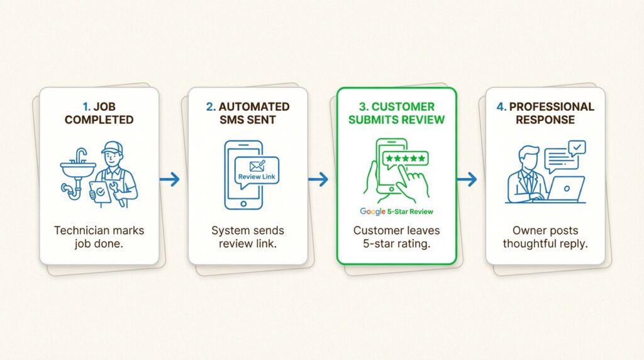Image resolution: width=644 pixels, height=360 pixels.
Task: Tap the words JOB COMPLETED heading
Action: (x=99, y=113)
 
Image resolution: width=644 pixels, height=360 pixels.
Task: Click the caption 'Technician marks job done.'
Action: (x=99, y=237)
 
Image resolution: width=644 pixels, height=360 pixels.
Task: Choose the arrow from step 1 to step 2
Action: (x=169, y=179)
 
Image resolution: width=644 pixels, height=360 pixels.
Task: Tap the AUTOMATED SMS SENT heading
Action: (x=248, y=113)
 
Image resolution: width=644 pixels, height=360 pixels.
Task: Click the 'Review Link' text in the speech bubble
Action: (x=258, y=177)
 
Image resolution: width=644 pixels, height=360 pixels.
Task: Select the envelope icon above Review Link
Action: (x=258, y=166)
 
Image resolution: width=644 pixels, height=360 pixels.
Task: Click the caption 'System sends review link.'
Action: (x=248, y=237)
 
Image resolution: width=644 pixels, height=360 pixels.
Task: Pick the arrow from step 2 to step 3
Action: (x=318, y=179)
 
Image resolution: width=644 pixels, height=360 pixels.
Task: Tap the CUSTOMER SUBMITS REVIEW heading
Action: (x=396, y=113)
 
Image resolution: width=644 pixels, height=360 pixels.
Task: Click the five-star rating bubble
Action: (x=405, y=157)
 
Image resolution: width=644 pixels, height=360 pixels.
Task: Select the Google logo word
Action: (x=372, y=211)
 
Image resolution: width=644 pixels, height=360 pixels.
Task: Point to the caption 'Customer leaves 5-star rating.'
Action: (x=396, y=237)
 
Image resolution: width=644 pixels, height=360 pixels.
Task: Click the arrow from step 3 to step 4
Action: (x=467, y=179)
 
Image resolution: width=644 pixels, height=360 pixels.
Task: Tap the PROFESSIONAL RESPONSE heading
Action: (x=545, y=113)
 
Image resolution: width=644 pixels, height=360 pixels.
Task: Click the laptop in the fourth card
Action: (x=566, y=189)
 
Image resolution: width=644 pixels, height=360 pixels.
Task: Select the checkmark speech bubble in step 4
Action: (x=576, y=148)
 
